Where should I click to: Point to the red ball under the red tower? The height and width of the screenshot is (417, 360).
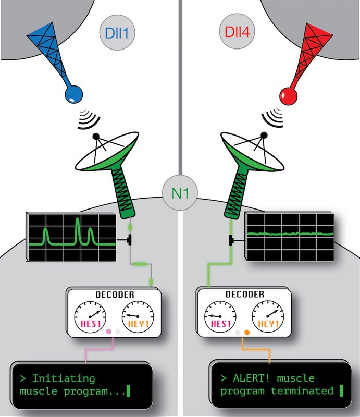(x=288, y=95)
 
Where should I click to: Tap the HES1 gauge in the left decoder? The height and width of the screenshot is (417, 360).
(x=92, y=317)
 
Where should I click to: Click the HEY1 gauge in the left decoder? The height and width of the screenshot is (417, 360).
(x=137, y=317)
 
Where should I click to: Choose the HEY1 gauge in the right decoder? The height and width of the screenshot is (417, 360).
(x=267, y=317)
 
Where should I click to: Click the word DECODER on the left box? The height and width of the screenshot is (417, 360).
(x=115, y=295)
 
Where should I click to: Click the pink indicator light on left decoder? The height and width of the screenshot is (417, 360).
(x=109, y=331)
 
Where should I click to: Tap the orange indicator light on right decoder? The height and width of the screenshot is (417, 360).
(x=247, y=331)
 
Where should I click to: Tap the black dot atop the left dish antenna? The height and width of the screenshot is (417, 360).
(x=95, y=137)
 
